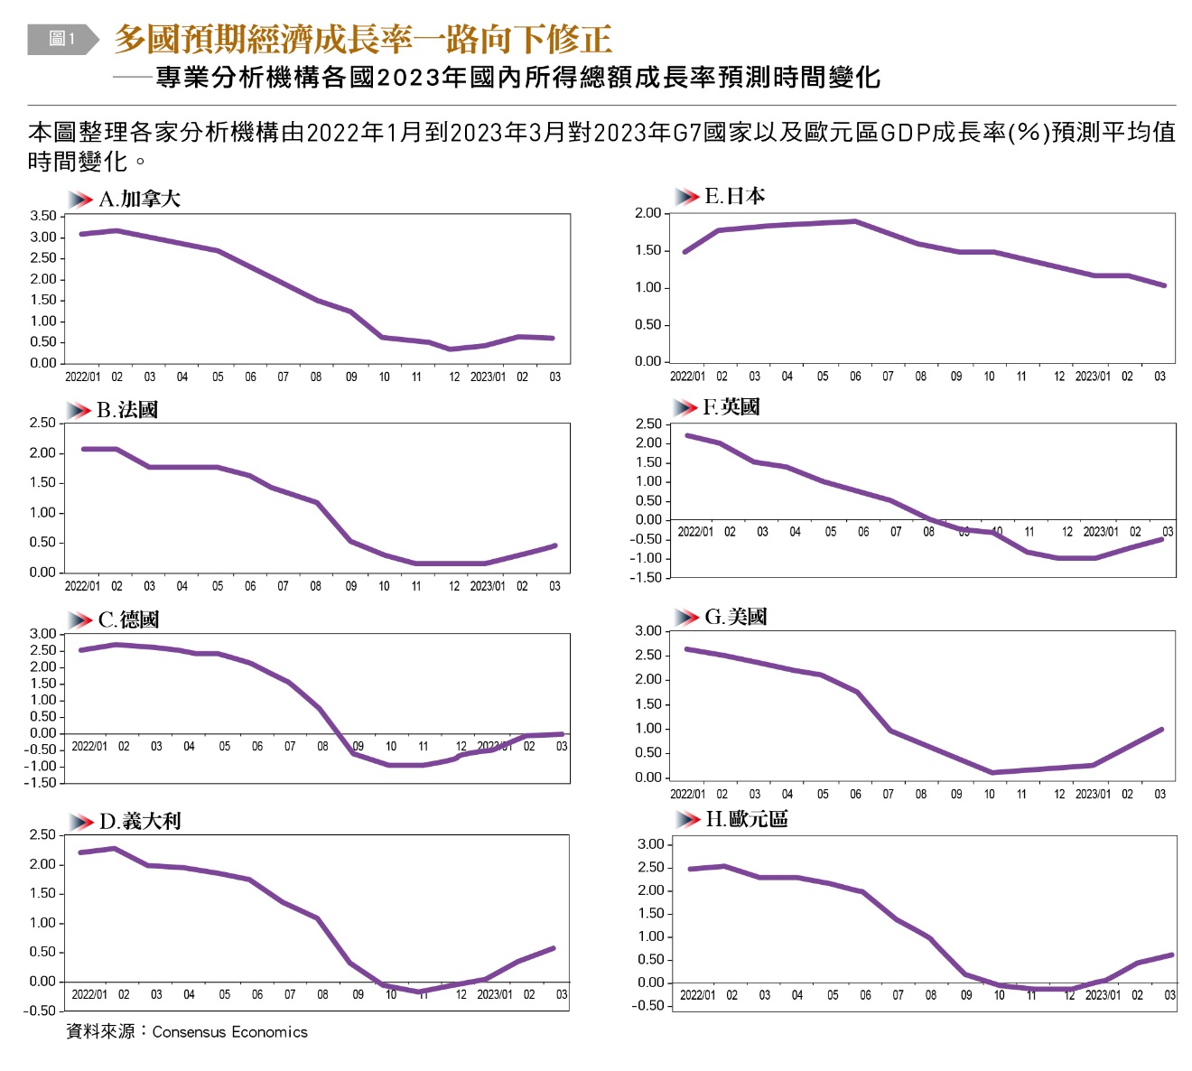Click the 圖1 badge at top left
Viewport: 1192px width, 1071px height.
point(61,39)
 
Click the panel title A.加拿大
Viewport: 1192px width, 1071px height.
point(139,200)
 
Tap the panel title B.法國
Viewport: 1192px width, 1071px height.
point(127,410)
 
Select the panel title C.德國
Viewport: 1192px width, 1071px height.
point(128,619)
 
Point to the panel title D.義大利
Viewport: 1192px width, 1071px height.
point(140,821)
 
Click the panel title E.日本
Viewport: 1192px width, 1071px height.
point(734,196)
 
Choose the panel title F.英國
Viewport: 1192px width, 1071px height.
point(731,407)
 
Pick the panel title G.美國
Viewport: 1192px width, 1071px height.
point(735,617)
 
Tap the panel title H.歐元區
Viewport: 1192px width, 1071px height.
point(746,819)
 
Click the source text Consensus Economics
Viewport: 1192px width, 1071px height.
point(229,1032)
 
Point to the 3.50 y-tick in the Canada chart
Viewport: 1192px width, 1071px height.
point(42,216)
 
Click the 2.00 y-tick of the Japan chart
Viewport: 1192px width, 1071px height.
point(648,213)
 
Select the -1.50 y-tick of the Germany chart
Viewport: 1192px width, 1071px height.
point(41,783)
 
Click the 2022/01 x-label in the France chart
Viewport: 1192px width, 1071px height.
point(82,586)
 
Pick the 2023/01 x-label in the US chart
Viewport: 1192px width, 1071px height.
point(1093,795)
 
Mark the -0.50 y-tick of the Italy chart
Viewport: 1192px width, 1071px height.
point(41,1010)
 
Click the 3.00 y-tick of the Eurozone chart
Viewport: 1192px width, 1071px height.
point(651,844)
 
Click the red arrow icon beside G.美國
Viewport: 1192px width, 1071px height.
point(688,618)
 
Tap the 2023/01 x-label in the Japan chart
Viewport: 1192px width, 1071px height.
point(1093,377)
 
